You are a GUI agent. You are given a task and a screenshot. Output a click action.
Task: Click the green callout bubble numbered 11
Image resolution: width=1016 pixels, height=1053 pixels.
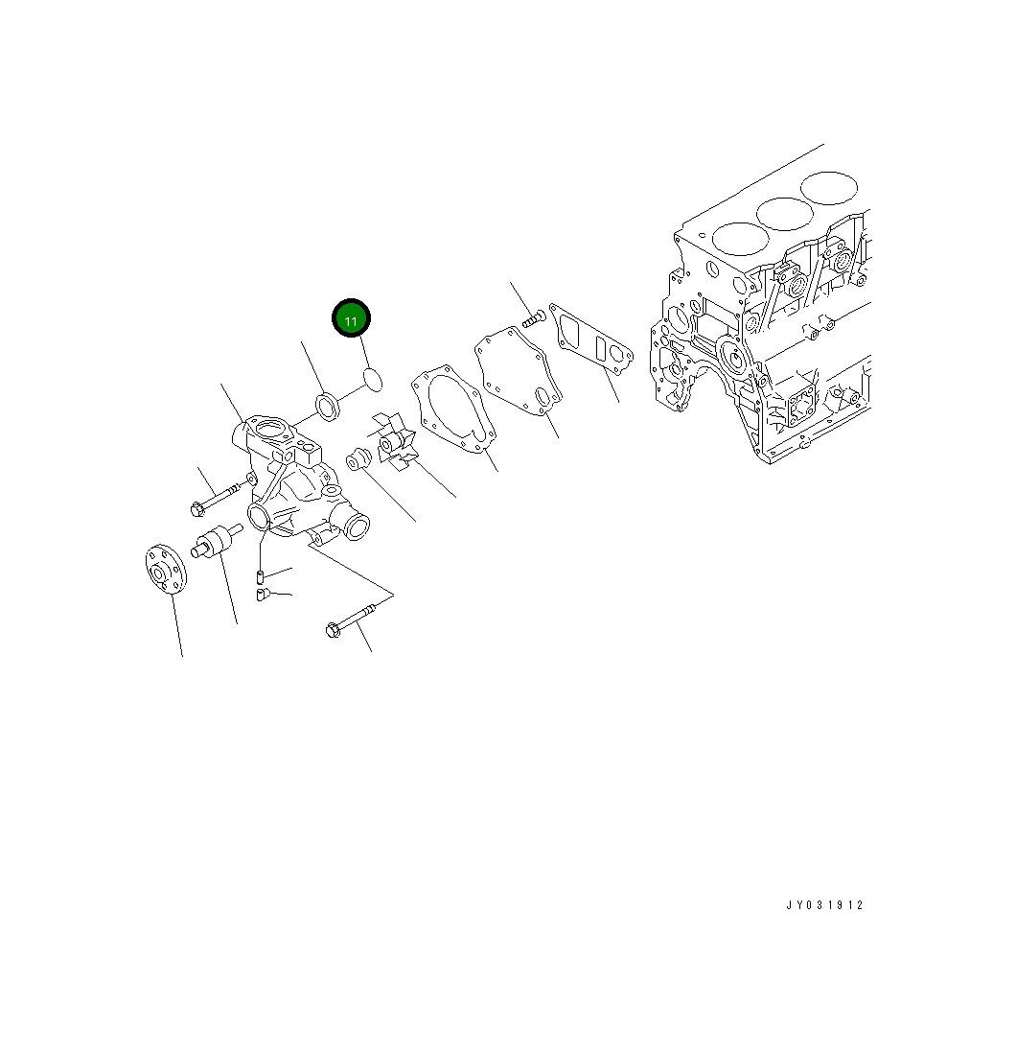coord(351,319)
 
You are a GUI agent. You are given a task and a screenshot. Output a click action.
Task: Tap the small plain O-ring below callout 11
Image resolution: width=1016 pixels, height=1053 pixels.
coord(373,379)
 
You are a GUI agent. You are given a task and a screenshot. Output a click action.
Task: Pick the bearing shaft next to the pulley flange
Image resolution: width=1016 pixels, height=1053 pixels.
coord(212,543)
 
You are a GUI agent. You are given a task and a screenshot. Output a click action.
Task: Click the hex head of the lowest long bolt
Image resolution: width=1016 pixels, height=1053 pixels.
coord(333,630)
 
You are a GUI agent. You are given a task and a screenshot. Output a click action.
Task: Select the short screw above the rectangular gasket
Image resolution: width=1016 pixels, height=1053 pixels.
coord(532,317)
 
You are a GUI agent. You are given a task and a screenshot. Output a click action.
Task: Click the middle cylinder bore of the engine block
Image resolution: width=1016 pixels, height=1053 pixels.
coord(784,213)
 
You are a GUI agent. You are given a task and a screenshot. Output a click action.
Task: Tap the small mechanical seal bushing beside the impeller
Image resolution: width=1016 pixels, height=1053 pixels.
coord(358,461)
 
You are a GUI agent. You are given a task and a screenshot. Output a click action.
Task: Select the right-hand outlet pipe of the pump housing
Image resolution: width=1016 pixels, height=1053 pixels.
coord(355,526)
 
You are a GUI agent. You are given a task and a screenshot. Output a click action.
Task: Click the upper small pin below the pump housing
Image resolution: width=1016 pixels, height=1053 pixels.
coord(261,576)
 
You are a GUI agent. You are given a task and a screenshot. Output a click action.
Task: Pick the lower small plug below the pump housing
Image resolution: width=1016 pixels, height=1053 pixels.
coord(262,595)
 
